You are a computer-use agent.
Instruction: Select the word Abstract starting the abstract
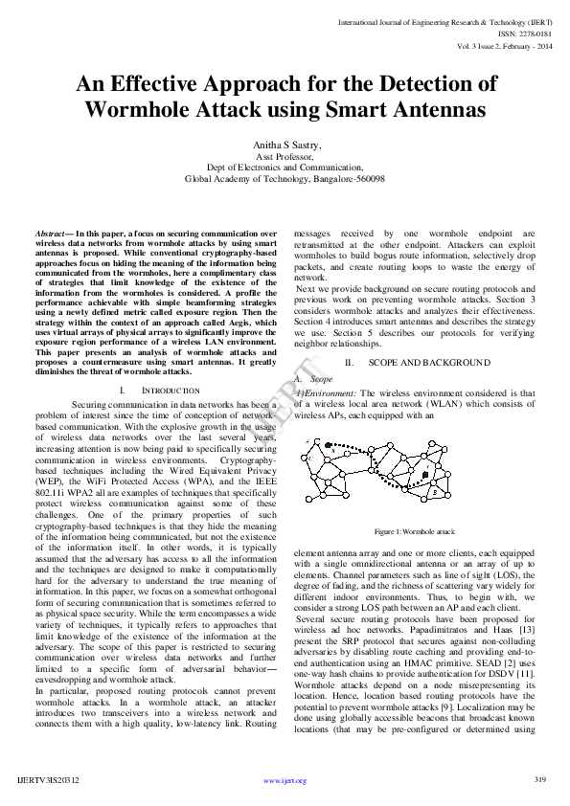coord(50,234)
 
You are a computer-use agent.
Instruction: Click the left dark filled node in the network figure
coord(330,445)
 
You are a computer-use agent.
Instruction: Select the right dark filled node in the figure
coord(425,473)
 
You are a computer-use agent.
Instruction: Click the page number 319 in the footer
coord(538,780)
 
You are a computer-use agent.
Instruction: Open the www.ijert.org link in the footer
coord(285,781)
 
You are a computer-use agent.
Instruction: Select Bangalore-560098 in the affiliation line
coord(348,178)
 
